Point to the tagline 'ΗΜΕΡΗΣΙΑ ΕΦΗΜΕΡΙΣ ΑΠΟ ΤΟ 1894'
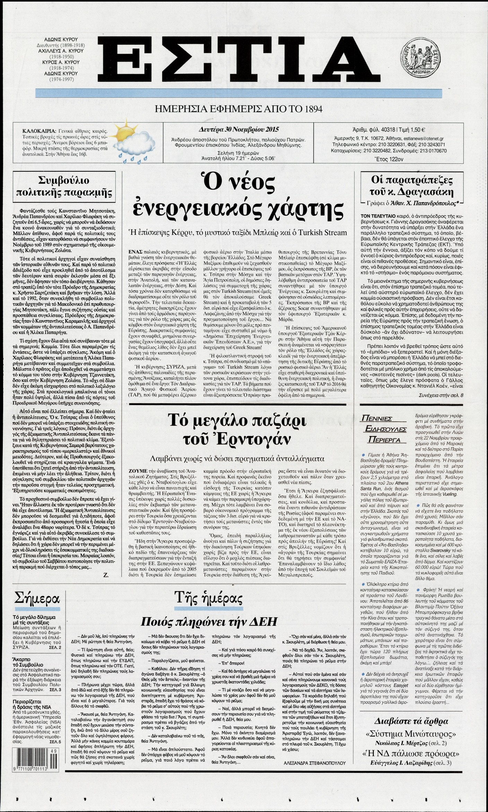238,109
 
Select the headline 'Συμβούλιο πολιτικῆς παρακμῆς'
63,186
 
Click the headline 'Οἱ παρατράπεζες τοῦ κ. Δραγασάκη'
412,186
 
